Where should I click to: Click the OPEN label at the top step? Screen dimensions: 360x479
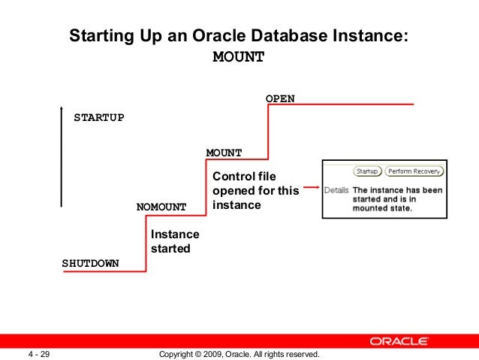pyautogui.click(x=280, y=98)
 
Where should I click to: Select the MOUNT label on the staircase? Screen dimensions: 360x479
pyautogui.click(x=224, y=153)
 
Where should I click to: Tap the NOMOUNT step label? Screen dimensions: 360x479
pyautogui.click(x=161, y=206)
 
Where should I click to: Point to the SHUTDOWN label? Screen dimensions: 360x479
pyautogui.click(x=90, y=264)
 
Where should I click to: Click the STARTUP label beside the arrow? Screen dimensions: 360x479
pyautogui.click(x=98, y=118)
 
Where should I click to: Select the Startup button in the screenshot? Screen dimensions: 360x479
pyautogui.click(x=366, y=171)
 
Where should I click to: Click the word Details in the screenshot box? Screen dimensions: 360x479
pyautogui.click(x=336, y=190)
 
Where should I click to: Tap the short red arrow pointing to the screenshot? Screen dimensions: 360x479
pyautogui.click(x=310, y=189)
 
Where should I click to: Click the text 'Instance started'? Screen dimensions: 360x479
pyautogui.click(x=174, y=241)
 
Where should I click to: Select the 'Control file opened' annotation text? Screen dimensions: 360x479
pyautogui.click(x=255, y=191)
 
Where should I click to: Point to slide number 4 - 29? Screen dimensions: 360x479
pyautogui.click(x=39, y=353)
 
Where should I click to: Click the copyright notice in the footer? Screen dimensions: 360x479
pyautogui.click(x=239, y=353)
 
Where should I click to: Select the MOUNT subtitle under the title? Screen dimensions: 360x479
pyautogui.click(x=239, y=58)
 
